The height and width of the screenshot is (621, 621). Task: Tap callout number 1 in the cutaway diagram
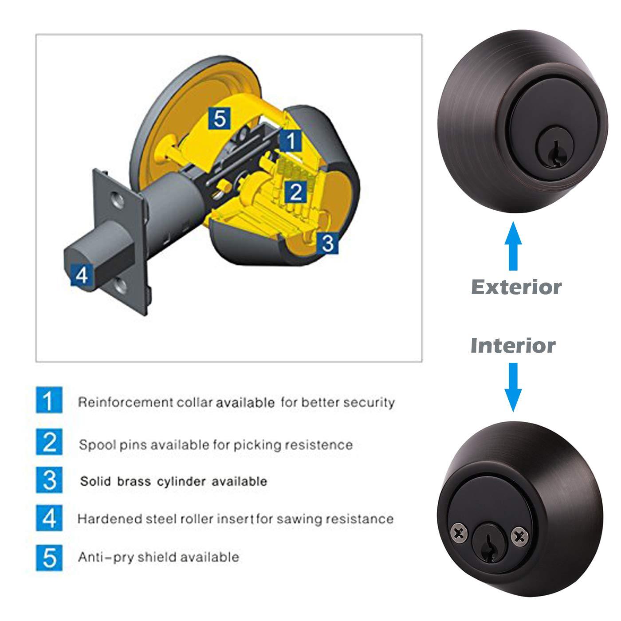pyautogui.click(x=291, y=141)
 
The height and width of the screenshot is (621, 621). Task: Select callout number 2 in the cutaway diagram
pyautogui.click(x=295, y=192)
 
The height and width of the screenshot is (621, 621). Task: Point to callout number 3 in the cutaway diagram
pyautogui.click(x=327, y=243)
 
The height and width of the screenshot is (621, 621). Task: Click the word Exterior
pyautogui.click(x=516, y=287)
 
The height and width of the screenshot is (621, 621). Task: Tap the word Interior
pyautogui.click(x=513, y=346)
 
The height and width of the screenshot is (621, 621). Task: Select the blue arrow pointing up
pyautogui.click(x=513, y=246)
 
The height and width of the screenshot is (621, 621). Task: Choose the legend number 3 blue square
pyautogui.click(x=49, y=480)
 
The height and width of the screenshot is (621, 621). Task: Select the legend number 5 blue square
pyautogui.click(x=49, y=557)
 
